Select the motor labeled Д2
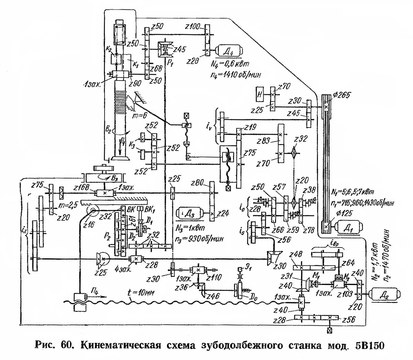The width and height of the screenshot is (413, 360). tap(384, 295)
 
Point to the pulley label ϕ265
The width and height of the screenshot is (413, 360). tap(341, 95)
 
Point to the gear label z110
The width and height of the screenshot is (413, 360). tap(214, 277)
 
